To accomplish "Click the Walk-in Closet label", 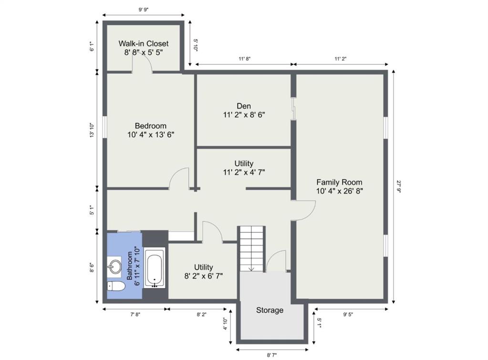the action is (x=144, y=48).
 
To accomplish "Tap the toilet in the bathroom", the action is (x=115, y=286).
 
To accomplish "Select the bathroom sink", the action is (x=114, y=267).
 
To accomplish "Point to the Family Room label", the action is (x=340, y=186).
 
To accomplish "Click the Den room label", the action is (x=244, y=111).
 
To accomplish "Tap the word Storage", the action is (x=270, y=310).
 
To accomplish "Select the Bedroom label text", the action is (x=151, y=130).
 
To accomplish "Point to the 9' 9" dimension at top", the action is (x=144, y=10).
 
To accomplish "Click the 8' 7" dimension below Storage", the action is (x=272, y=355).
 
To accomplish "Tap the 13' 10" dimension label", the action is (x=92, y=130).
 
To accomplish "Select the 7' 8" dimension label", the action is (x=135, y=314).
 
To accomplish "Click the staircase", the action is (x=251, y=249).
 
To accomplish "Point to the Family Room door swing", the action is (x=304, y=211).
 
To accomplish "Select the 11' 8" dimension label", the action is (x=245, y=59).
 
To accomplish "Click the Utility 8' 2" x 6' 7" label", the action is (x=204, y=271).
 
